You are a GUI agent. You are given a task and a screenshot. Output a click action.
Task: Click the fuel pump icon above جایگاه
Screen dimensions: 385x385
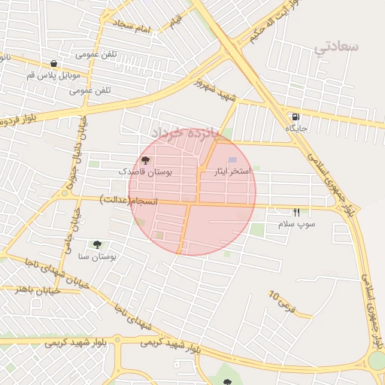(295, 117)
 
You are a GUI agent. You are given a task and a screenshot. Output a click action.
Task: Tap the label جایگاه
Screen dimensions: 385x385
(296, 129)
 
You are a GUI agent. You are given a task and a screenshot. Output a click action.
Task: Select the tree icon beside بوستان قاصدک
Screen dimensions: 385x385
(146, 160)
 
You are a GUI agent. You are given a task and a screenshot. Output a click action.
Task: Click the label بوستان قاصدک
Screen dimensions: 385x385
(146, 172)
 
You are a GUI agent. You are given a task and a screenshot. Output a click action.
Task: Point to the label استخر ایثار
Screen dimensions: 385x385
(233, 172)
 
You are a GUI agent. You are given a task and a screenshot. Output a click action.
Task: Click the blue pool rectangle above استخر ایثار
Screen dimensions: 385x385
(232, 160)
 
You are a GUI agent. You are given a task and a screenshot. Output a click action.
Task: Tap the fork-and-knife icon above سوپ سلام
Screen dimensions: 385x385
(296, 213)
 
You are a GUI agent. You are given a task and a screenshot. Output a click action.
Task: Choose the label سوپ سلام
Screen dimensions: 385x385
(296, 224)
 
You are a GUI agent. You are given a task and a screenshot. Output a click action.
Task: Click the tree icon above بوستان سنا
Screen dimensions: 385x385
(97, 244)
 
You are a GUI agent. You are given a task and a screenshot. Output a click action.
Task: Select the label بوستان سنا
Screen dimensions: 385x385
(98, 257)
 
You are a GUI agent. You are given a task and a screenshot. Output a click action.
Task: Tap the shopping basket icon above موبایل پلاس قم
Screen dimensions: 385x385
(53, 64)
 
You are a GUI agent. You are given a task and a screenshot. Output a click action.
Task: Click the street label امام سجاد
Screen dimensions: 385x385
(132, 26)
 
